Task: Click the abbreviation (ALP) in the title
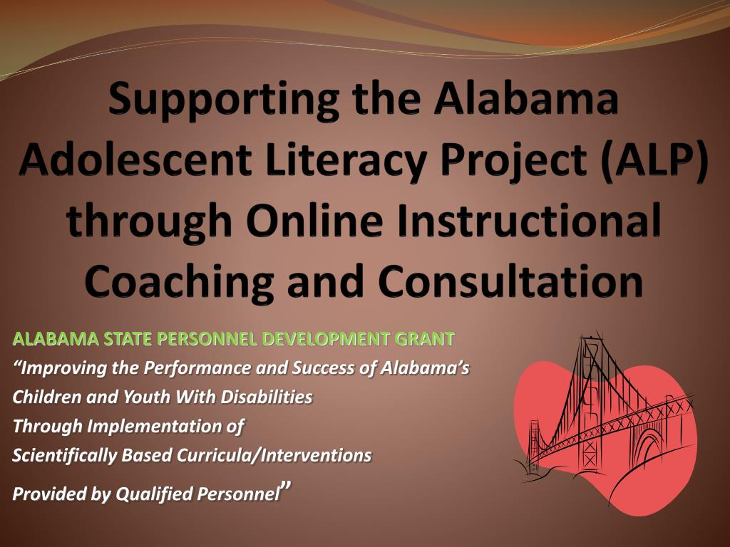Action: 655,161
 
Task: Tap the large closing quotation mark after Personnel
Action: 286,488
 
